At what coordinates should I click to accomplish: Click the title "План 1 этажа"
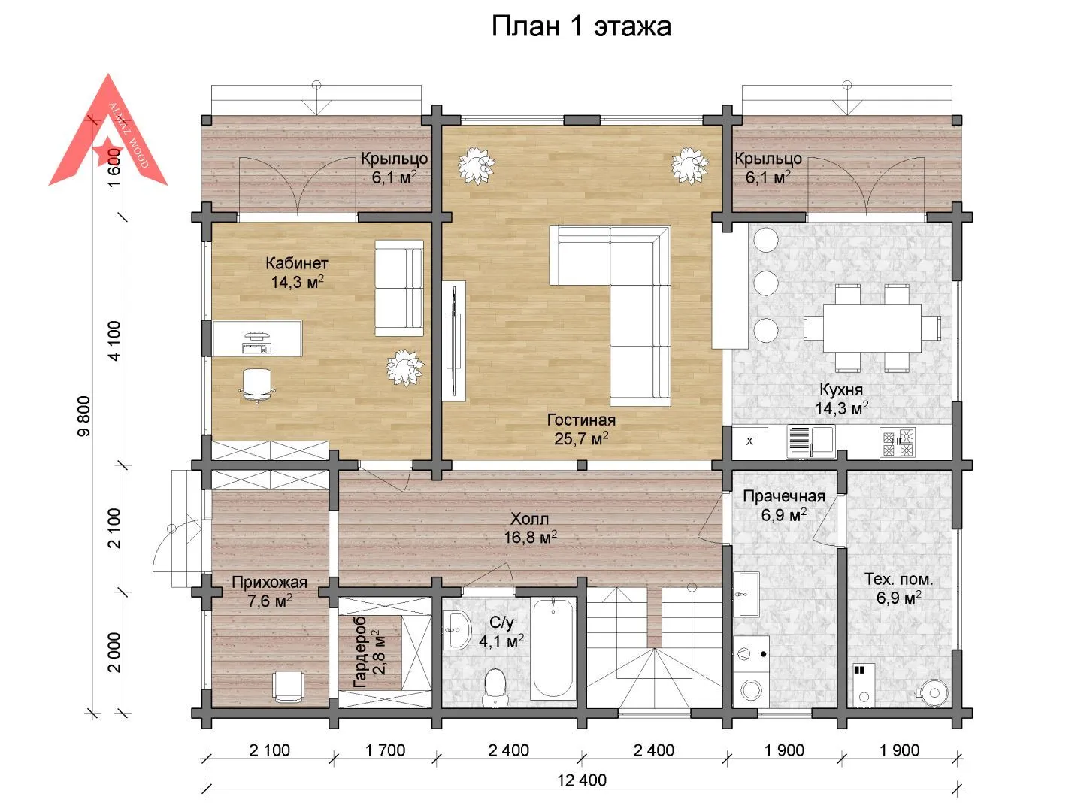click(581, 26)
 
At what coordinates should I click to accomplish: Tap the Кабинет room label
click(296, 263)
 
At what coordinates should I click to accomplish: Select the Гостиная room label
click(581, 420)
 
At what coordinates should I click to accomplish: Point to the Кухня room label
click(841, 389)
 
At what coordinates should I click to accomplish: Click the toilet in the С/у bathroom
click(496, 687)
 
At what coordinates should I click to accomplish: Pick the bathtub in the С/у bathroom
click(553, 649)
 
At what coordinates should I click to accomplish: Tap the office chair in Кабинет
click(257, 386)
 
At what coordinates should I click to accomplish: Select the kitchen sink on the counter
click(810, 441)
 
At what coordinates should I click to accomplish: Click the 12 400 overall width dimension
click(582, 780)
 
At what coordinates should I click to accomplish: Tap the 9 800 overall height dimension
click(84, 416)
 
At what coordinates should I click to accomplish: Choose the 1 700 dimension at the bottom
click(385, 750)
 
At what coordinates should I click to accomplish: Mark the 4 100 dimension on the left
click(114, 341)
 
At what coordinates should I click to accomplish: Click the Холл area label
click(529, 518)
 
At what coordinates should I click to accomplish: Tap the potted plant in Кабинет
click(405, 368)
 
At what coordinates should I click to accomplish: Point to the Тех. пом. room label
click(898, 579)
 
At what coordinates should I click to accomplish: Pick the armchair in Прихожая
click(288, 686)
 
